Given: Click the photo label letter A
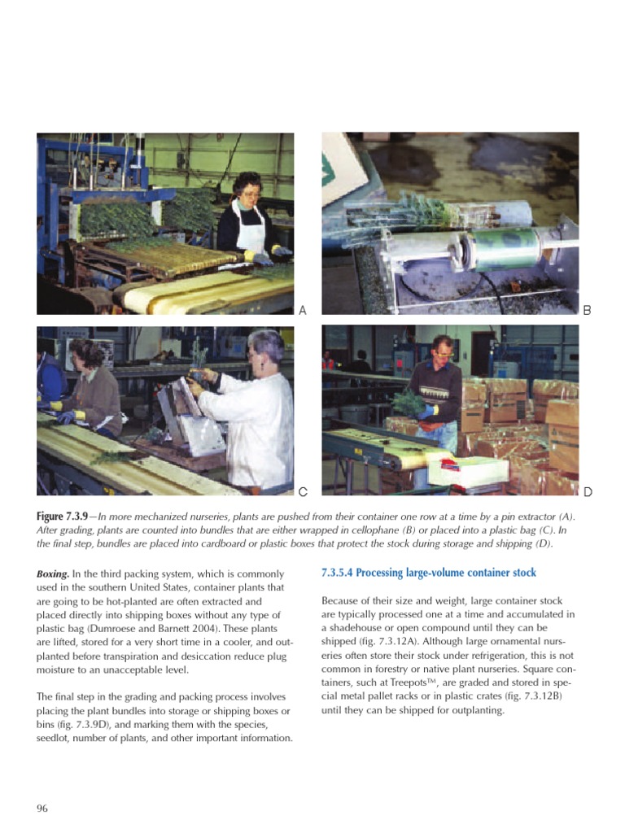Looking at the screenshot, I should pyautogui.click(x=303, y=310).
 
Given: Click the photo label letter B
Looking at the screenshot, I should pyautogui.click(x=588, y=310).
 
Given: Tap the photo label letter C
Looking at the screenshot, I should pyautogui.click(x=303, y=491).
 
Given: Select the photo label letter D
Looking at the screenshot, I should pyautogui.click(x=588, y=491).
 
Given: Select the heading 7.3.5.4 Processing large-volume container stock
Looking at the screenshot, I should pyautogui.click(x=429, y=574).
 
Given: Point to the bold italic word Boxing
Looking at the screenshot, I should pyautogui.click(x=53, y=574).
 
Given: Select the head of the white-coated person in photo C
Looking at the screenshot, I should pyautogui.click(x=266, y=347).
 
